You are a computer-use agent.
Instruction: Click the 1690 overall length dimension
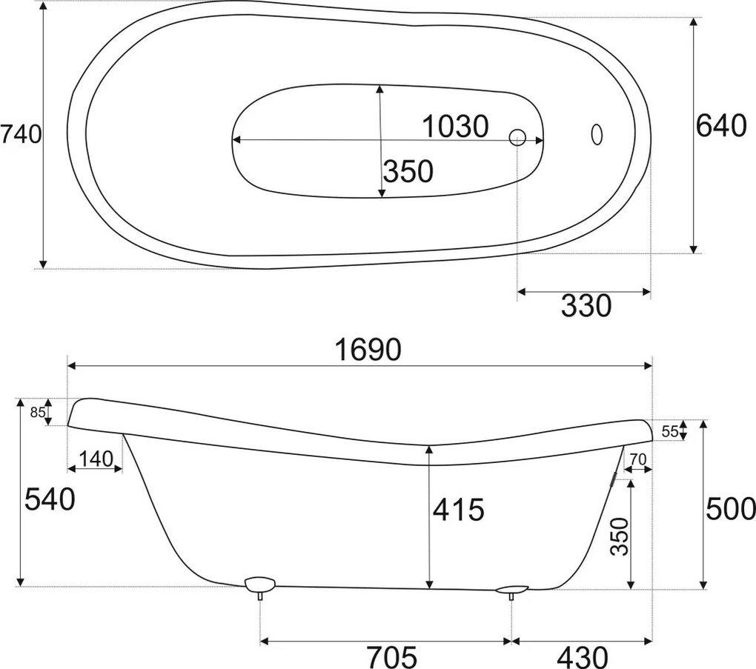[x=368, y=350]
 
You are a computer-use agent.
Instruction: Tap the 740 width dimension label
[x=21, y=134]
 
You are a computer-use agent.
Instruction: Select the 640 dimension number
[x=721, y=126]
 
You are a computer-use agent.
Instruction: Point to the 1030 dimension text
[x=455, y=126]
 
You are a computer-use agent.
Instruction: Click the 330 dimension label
[x=586, y=305]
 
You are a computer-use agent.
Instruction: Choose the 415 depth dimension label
[x=458, y=510]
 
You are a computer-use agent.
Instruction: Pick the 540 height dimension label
[x=50, y=499]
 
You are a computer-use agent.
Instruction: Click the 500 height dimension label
[x=730, y=509]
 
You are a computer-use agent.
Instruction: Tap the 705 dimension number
[x=391, y=656]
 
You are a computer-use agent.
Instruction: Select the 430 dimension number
[x=582, y=656]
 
